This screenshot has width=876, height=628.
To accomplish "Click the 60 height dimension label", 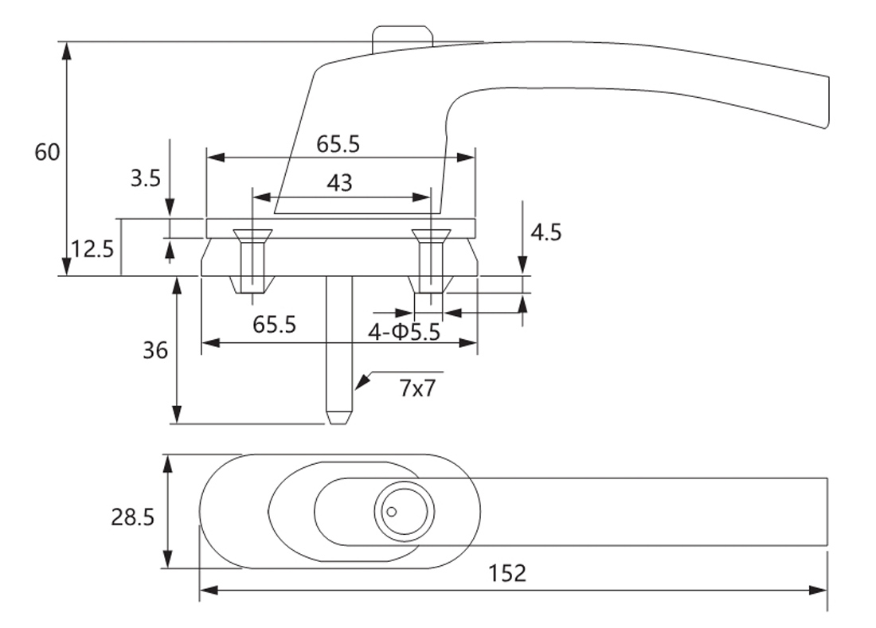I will [x=47, y=152].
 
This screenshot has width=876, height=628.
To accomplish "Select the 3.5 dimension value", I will [x=146, y=177].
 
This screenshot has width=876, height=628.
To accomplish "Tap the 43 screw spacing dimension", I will [x=339, y=183].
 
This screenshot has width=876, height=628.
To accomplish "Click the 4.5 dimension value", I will [x=546, y=232].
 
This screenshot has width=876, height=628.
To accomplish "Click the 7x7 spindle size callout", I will [x=418, y=389].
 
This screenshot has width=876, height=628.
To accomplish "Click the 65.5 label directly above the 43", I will [x=338, y=144].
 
